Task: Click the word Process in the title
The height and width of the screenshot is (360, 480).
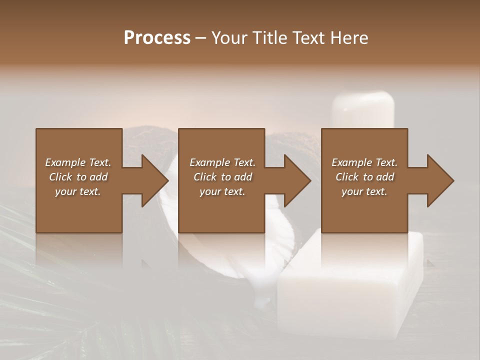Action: click(157, 37)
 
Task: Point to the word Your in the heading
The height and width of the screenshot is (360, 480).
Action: click(230, 37)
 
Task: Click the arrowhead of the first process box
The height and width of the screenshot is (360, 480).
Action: click(152, 180)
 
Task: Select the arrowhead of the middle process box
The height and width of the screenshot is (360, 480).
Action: click(295, 180)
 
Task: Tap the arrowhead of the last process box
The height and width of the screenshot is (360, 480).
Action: click(438, 180)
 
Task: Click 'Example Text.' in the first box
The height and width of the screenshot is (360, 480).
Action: click(78, 162)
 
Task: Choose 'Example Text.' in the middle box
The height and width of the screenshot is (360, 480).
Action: click(222, 162)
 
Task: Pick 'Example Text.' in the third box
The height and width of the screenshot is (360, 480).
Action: click(364, 162)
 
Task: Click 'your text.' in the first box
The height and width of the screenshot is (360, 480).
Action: click(78, 191)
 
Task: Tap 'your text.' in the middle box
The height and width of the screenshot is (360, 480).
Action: click(222, 191)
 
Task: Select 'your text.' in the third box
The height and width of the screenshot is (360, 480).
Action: click(364, 191)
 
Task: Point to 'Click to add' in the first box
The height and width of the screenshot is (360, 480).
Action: click(78, 177)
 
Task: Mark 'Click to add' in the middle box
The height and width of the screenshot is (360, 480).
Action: click(222, 177)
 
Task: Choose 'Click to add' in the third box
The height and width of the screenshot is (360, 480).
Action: click(364, 177)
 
